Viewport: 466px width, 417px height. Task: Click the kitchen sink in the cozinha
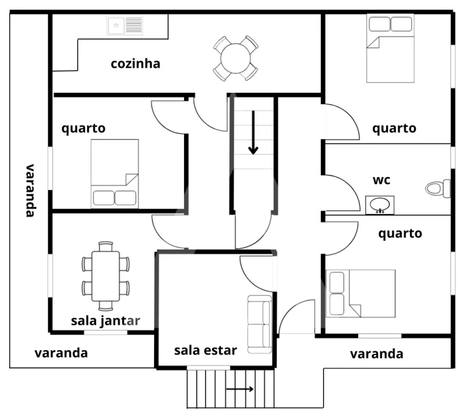124,25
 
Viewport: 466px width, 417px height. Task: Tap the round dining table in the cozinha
235,58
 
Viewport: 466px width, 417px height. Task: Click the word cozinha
135,63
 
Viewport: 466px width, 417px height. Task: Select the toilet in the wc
438,188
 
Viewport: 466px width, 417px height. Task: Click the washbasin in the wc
380,204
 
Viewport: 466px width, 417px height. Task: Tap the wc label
381,180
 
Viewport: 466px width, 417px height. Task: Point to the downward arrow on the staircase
253,133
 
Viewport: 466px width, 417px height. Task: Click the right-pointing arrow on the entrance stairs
240,389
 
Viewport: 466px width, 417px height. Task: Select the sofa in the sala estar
259,324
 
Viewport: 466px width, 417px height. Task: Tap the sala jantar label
105,320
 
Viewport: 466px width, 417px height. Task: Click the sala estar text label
206,350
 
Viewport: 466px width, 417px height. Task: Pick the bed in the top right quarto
391,49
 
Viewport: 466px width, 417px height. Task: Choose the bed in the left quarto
115,173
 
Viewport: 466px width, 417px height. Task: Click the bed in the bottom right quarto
361,293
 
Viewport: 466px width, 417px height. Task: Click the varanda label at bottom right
376,353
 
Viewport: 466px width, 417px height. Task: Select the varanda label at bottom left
61,352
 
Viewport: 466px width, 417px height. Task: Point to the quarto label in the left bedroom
84,127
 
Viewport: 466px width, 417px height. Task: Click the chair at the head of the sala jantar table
105,246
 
